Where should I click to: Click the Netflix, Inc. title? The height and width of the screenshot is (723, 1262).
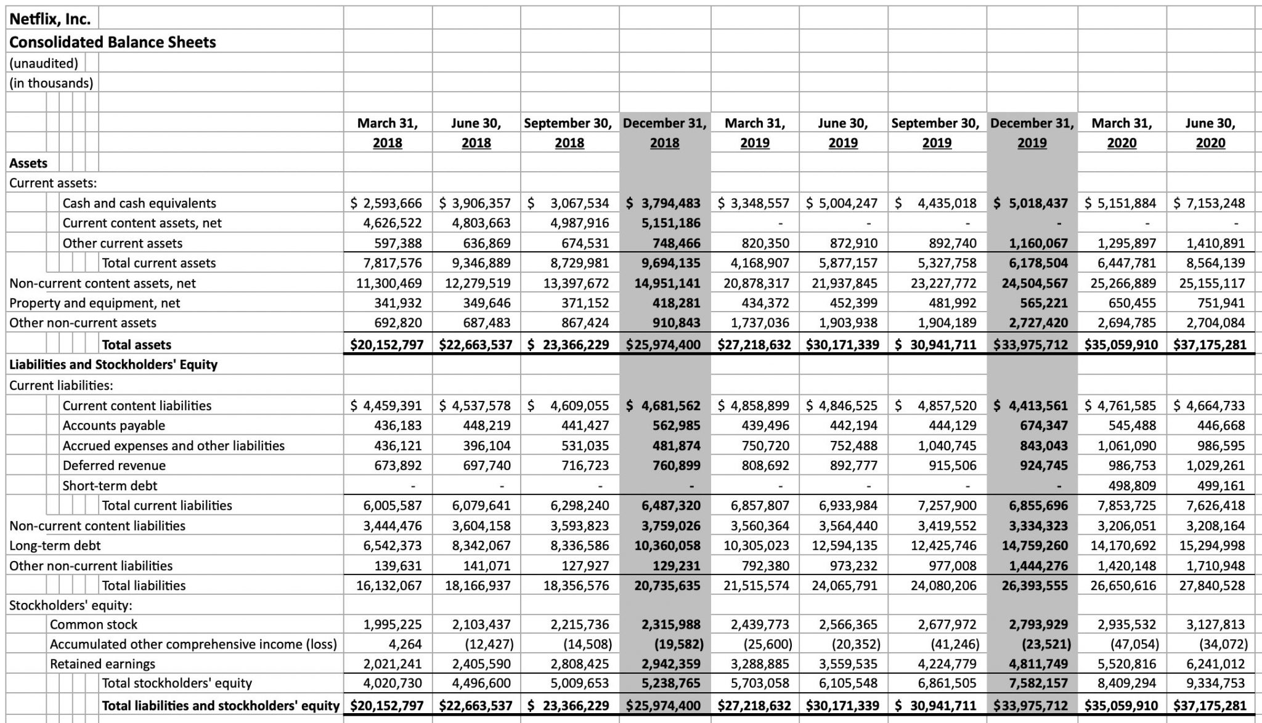pyautogui.click(x=50, y=19)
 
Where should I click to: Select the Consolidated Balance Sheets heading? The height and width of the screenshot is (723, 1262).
pyautogui.click(x=112, y=42)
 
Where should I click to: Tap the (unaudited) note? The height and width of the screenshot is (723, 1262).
pyautogui.click(x=43, y=63)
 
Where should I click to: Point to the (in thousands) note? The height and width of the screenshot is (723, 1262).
pyautogui.click(x=51, y=83)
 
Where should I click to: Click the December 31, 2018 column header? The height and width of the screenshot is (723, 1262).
pyautogui.click(x=664, y=132)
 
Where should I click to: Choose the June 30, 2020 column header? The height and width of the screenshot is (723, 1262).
pyautogui.click(x=1210, y=132)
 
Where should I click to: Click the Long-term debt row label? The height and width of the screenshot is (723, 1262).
pyautogui.click(x=55, y=546)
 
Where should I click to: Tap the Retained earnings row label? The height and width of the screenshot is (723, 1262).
pyautogui.click(x=102, y=664)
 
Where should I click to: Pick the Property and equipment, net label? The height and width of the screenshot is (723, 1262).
pyautogui.click(x=95, y=303)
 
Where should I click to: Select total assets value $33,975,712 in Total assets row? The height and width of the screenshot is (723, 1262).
pyautogui.click(x=1031, y=345)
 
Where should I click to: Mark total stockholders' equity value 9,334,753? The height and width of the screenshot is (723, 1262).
pyautogui.click(x=1216, y=683)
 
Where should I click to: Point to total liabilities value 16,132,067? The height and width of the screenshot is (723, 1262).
pyautogui.click(x=389, y=586)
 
